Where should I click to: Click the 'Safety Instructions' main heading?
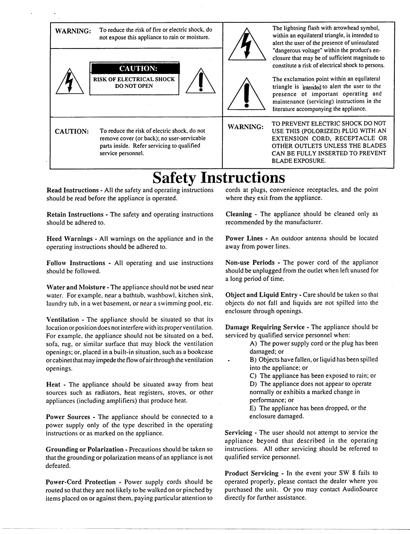click(219, 177)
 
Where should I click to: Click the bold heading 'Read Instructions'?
click(73, 190)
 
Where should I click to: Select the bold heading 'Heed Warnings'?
click(69, 239)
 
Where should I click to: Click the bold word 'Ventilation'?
click(63, 320)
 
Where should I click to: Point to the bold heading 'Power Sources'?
click(68, 417)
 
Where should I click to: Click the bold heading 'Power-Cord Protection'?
click(81, 482)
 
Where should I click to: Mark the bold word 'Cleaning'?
click(239, 214)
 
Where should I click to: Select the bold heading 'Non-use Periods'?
click(250, 262)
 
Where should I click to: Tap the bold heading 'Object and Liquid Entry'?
click(257, 295)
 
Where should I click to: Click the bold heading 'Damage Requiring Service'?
click(265, 327)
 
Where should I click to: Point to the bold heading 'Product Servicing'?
click(252, 473)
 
